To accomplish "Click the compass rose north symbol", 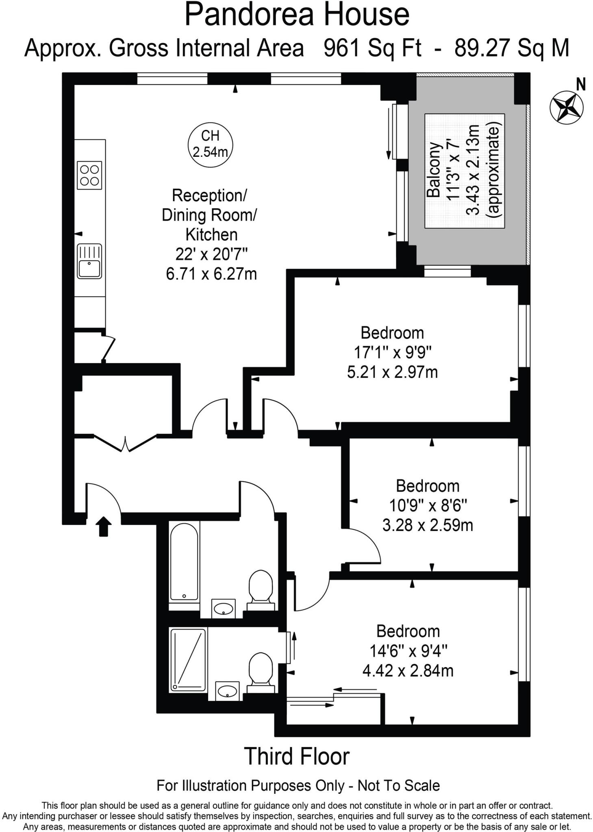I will tap(566, 107).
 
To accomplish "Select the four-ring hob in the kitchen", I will tap(89, 175).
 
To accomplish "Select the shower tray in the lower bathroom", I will tap(188, 660).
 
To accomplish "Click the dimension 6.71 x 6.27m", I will tap(211, 274).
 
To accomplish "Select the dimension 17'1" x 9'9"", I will tap(392, 352).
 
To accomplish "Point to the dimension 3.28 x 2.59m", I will tap(428, 525).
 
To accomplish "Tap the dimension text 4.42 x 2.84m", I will tap(408, 671).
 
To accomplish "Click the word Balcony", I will tap(434, 170).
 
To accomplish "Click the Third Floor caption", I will tap(296, 756).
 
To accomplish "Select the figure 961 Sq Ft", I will tap(372, 48).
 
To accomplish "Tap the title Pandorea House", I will tap(296, 15).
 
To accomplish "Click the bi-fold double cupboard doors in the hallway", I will tap(126, 442).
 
